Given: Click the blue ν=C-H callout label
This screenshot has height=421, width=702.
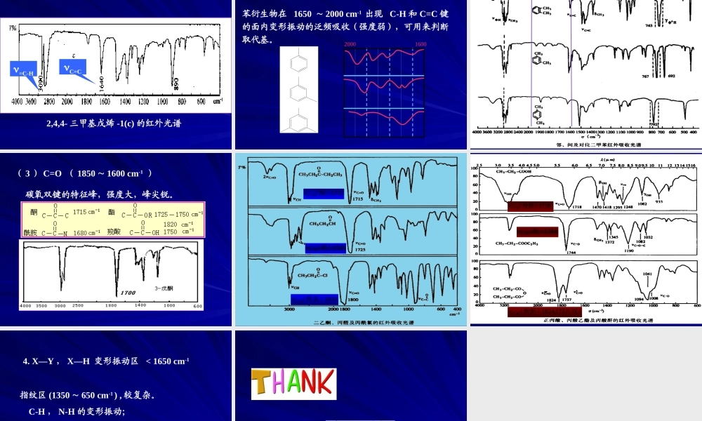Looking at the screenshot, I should pos(23,69).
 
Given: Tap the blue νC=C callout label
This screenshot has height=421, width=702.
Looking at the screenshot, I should pos(73,69).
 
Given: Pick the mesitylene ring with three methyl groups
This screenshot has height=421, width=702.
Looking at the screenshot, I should pos(298,119).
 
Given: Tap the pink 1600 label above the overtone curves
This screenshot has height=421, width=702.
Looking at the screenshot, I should pos(420,44).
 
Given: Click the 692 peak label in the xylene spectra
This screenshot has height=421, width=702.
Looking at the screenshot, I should pos(670,75).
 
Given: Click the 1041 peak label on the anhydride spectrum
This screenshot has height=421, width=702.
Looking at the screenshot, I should pos(647,274).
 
